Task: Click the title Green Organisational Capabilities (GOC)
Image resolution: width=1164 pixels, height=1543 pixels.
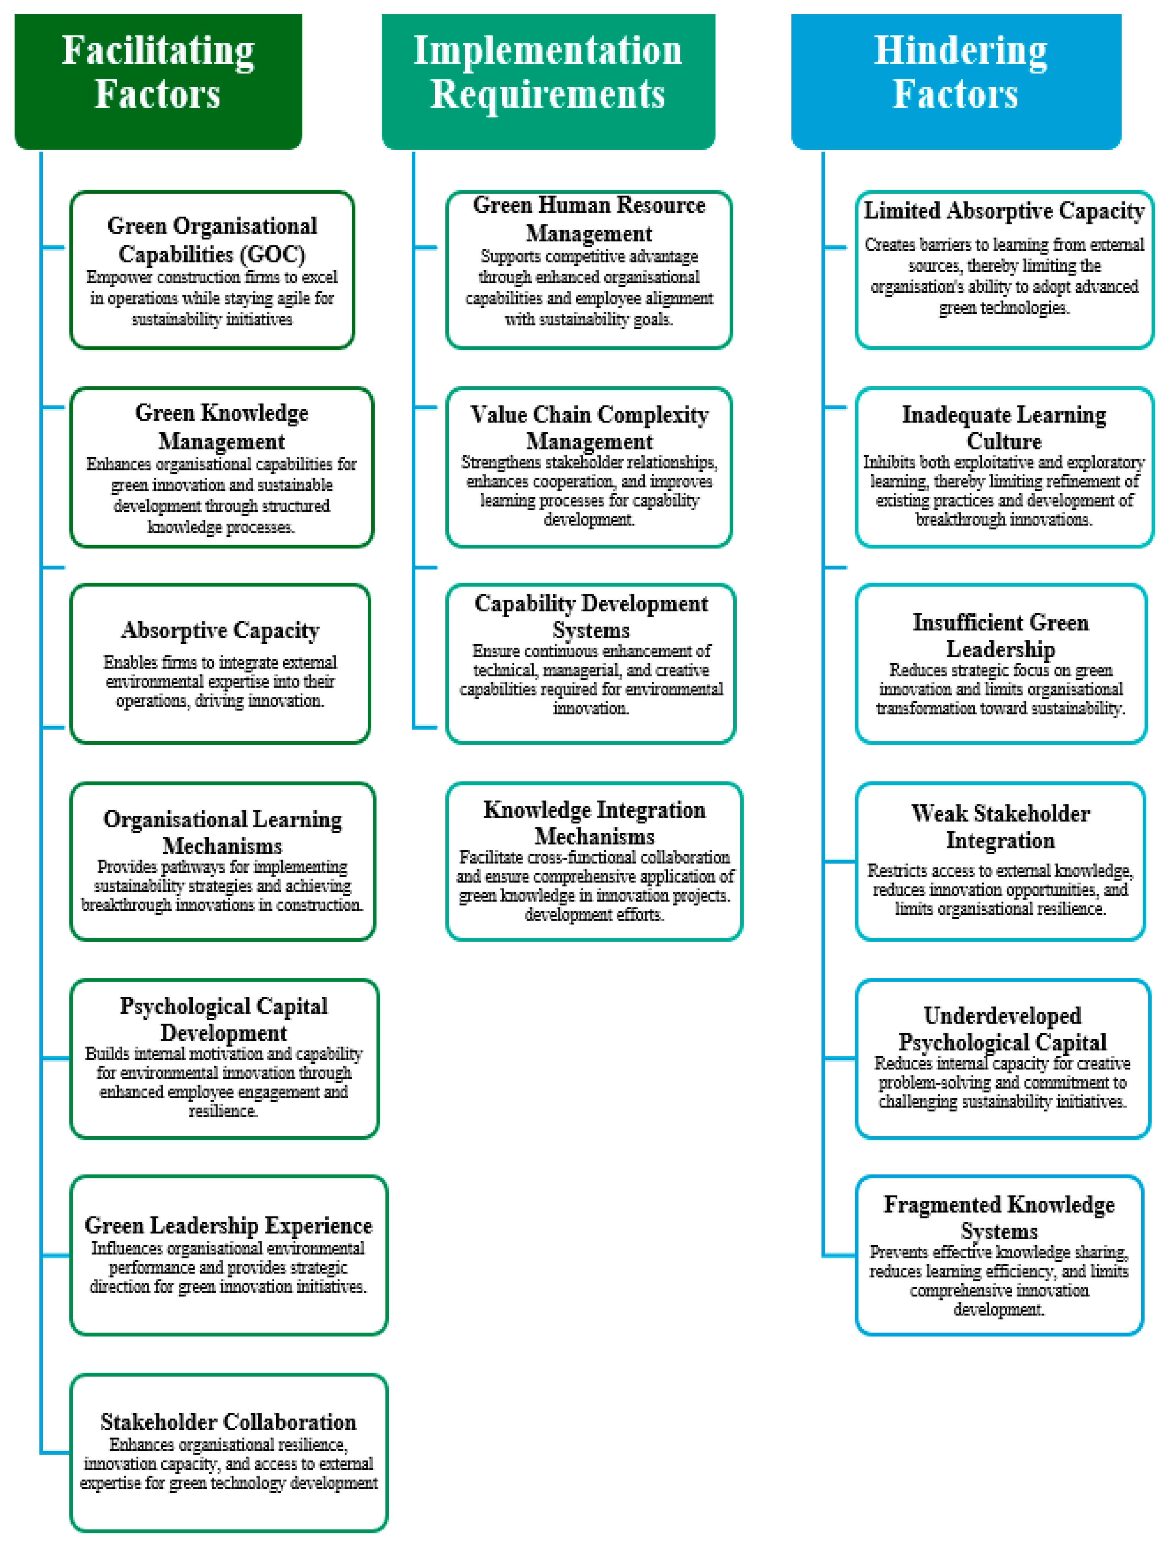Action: tap(212, 240)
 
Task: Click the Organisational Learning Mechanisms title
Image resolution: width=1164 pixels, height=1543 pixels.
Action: tap(222, 832)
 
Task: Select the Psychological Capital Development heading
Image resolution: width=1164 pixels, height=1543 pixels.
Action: tap(224, 1019)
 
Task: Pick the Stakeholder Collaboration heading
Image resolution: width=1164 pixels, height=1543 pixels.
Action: tap(229, 1422)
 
